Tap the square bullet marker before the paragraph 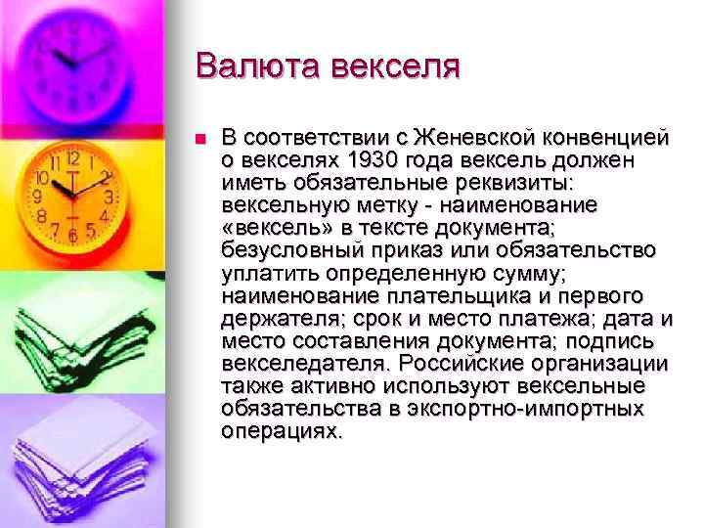200,138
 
